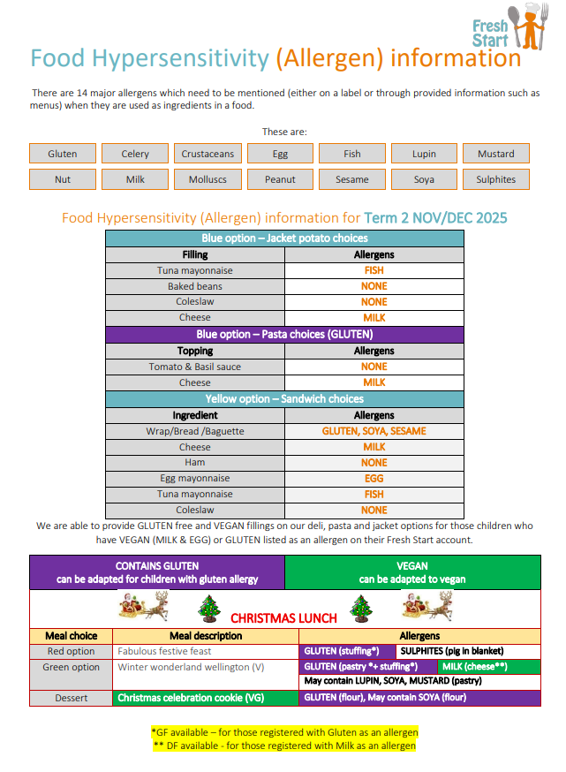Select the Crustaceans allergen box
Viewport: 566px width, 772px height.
[x=208, y=154]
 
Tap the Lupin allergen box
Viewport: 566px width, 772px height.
[x=424, y=154]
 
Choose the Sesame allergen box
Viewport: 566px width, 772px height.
[x=352, y=179]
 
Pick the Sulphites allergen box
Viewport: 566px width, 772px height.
[x=495, y=179]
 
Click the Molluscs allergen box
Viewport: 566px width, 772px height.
[x=208, y=179]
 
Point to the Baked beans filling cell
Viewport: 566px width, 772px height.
[x=195, y=286]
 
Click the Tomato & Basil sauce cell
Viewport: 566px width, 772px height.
[x=195, y=367]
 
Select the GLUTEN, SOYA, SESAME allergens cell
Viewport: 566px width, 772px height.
[x=374, y=431]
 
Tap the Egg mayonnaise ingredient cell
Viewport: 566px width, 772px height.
[x=195, y=479]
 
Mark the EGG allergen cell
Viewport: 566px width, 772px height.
[x=374, y=479]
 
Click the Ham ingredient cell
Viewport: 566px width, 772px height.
[x=195, y=462]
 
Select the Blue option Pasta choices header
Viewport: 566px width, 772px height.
[x=283, y=335]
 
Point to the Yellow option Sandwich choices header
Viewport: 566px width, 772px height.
[x=283, y=399]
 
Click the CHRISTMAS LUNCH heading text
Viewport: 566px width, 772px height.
[x=283, y=617]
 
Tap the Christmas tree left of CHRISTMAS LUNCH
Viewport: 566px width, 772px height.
[x=209, y=608]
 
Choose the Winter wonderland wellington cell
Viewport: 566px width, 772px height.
[x=208, y=667]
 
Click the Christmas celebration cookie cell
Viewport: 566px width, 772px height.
[x=208, y=698]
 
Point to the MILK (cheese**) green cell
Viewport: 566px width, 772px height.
[x=488, y=667]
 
